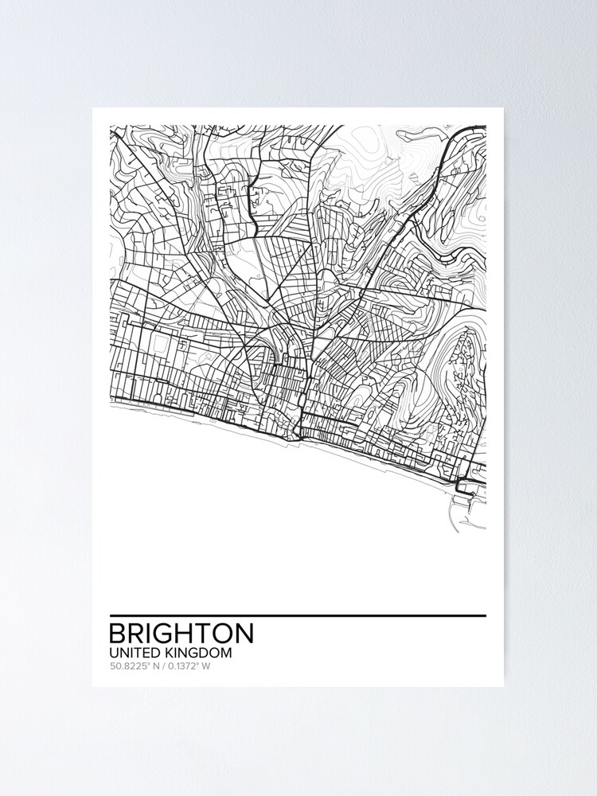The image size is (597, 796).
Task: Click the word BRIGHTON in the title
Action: coord(181,634)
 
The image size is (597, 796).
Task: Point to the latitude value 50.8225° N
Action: coord(132,666)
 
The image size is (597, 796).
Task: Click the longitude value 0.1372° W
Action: coord(189,666)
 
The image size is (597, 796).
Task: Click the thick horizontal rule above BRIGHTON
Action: coord(297,615)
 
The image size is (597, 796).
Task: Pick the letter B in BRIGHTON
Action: coord(118,634)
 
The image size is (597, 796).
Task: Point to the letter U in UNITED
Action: coord(113,653)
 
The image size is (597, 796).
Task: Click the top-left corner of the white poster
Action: coord(93,108)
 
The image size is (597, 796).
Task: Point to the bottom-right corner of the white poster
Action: coord(503,686)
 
